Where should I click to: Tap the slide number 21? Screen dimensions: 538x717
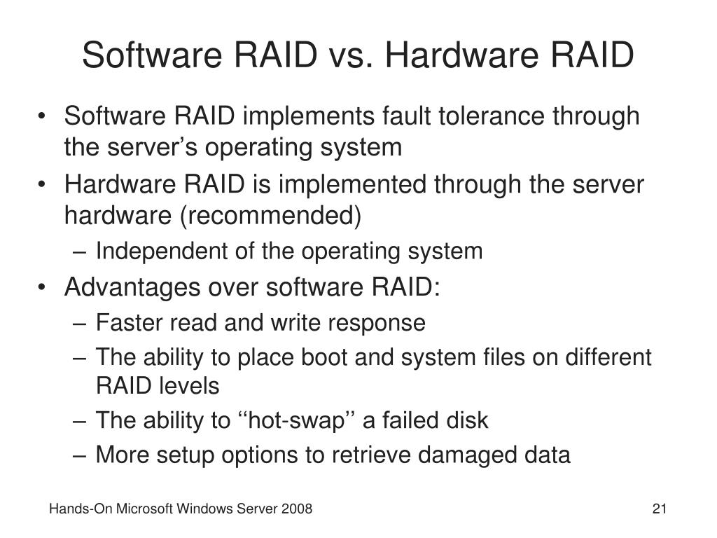[x=658, y=509]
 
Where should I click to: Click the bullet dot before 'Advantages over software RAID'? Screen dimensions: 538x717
[x=46, y=288]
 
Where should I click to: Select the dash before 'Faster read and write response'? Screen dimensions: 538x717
[x=81, y=323]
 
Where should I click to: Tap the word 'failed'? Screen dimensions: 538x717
[x=412, y=420]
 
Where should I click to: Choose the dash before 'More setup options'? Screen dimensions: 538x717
[x=81, y=455]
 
